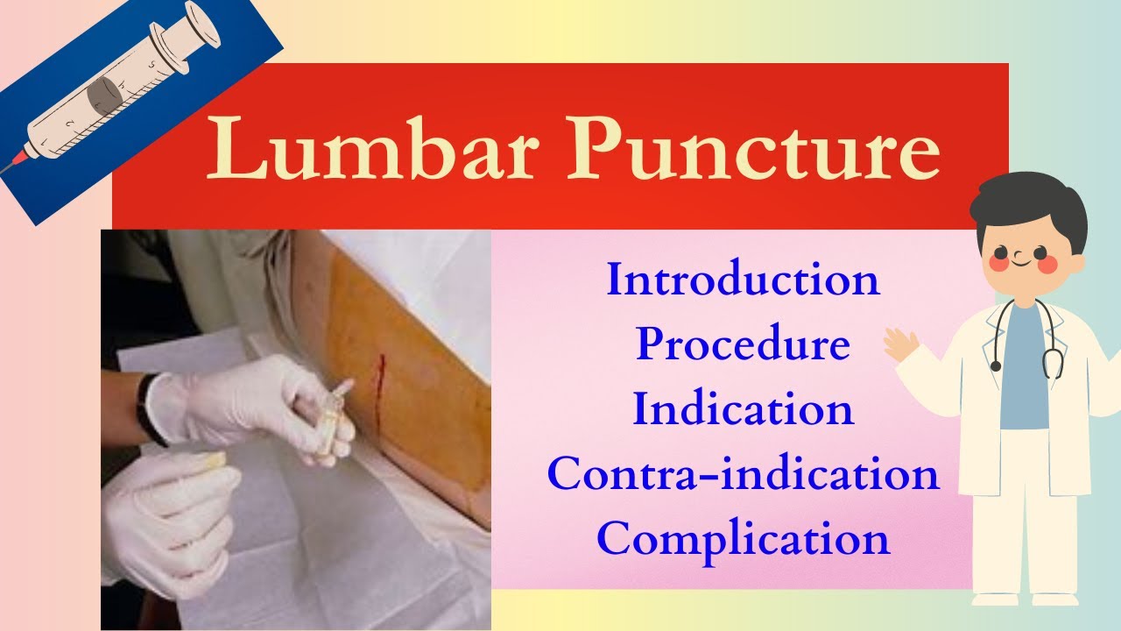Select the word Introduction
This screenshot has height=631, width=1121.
coord(743,280)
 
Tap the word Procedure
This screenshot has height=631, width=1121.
coord(743,344)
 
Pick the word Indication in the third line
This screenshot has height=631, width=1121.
coord(743,409)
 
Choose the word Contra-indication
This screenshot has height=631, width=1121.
coord(743,474)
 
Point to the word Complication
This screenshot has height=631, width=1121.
coord(743,538)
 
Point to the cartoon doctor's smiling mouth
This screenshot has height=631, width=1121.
coord(1021,259)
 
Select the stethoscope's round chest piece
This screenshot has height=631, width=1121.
coord(996,365)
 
